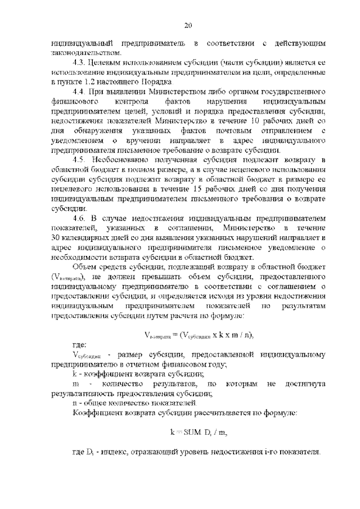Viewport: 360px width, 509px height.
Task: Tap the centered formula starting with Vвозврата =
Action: coord(191,335)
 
